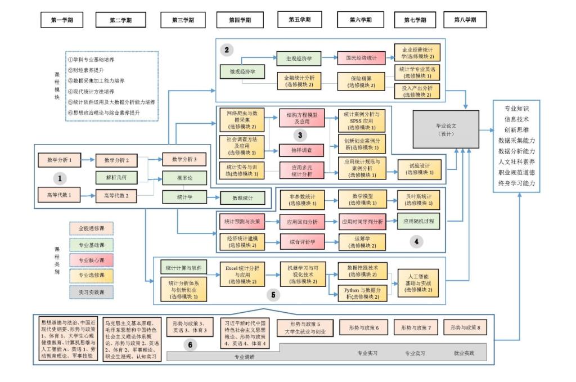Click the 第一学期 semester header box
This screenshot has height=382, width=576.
pos(62,20)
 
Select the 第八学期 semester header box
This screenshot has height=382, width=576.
pos(465,20)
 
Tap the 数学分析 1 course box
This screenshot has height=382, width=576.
pos(58,160)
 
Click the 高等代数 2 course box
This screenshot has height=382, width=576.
pos(116,196)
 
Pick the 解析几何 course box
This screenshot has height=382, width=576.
pos(116,178)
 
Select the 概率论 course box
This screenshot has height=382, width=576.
pos(184,178)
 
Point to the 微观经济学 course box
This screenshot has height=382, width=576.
pos(242,72)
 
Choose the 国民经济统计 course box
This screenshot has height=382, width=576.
pos(361,58)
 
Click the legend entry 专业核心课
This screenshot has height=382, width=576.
pos(91,260)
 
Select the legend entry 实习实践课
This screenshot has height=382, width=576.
pos(91,292)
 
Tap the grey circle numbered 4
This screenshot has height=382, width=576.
pos(416,242)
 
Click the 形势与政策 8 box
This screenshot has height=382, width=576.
pos(465,327)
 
